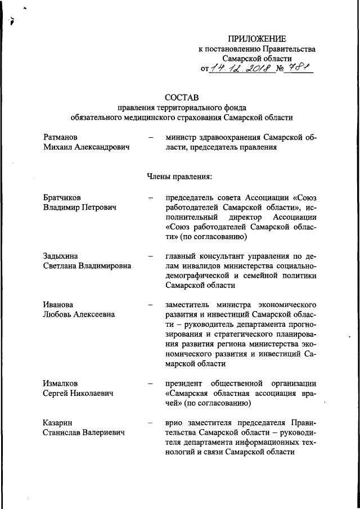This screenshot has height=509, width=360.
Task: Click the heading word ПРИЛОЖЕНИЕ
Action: tap(256, 38)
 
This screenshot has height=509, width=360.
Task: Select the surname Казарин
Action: tap(58, 422)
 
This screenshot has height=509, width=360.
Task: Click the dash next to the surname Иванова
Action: tap(150, 305)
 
